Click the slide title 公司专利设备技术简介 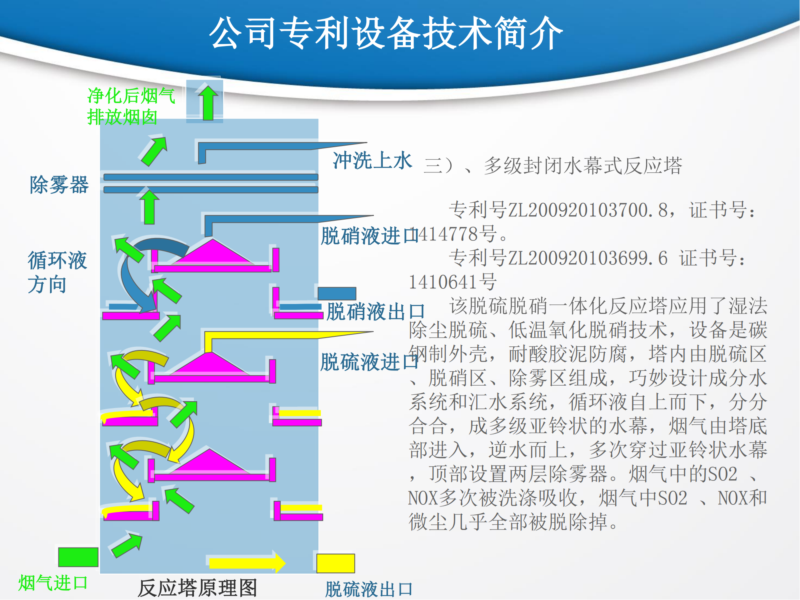(386, 33)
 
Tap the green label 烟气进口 (53, 583)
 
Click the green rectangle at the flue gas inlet (78, 557)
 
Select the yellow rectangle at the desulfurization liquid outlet (336, 563)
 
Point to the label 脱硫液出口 (368, 589)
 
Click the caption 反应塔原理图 (197, 588)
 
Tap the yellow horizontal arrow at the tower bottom (247, 562)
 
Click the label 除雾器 (59, 185)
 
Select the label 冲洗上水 (372, 160)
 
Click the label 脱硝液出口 (376, 312)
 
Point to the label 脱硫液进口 (369, 362)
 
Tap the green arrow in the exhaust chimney (208, 102)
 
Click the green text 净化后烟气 (131, 96)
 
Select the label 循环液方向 (57, 272)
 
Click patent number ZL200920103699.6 (588, 258)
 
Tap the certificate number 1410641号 (452, 282)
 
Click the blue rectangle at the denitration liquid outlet (337, 294)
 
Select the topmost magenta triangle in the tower (213, 252)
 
